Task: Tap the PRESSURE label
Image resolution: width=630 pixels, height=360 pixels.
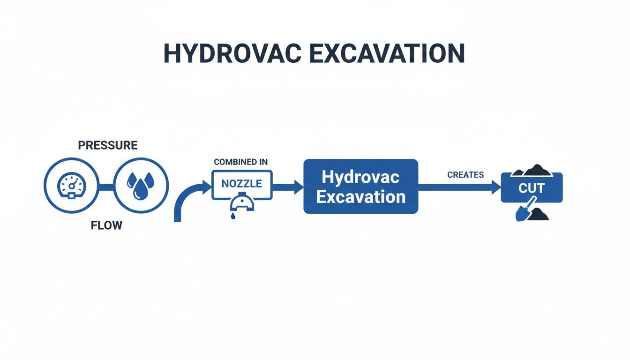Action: point(108,145)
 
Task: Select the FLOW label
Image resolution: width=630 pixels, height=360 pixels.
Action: point(106,225)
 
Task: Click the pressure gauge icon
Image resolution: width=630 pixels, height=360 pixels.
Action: point(72,186)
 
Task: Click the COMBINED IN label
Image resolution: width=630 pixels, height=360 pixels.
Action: point(241,162)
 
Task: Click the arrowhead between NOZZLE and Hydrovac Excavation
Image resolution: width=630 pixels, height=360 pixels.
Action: point(298,186)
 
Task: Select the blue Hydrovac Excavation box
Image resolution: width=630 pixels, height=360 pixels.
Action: point(360,187)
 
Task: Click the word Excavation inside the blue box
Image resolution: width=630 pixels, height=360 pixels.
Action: point(360,196)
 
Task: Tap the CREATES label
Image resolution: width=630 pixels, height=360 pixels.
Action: point(465,175)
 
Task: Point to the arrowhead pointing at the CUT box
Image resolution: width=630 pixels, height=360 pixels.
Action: point(496,187)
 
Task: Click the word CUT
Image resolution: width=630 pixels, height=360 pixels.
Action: point(532,188)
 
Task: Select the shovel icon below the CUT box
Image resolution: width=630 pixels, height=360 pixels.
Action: point(524,211)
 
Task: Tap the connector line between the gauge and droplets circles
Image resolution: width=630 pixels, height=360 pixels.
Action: point(106,187)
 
